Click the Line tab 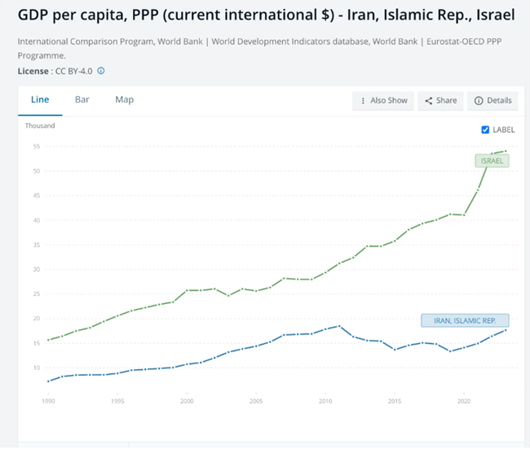pyautogui.click(x=40, y=99)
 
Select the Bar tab pyautogui.click(x=82, y=99)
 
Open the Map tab pyautogui.click(x=124, y=99)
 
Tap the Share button pyautogui.click(x=440, y=100)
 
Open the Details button pyautogui.click(x=493, y=100)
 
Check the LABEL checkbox pyautogui.click(x=486, y=130)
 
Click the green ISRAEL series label pyautogui.click(x=492, y=161)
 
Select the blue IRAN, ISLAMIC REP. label pyautogui.click(x=465, y=320)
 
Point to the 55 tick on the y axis pyautogui.click(x=36, y=146)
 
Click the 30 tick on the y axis pyautogui.click(x=36, y=269)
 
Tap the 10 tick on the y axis pyautogui.click(x=36, y=368)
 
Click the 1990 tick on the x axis pyautogui.click(x=50, y=402)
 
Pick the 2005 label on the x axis pyautogui.click(x=256, y=402)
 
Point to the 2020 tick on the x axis pyautogui.click(x=463, y=402)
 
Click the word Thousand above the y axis pyautogui.click(x=40, y=126)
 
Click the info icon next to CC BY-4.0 pyautogui.click(x=101, y=71)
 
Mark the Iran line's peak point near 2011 pyautogui.click(x=338, y=326)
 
